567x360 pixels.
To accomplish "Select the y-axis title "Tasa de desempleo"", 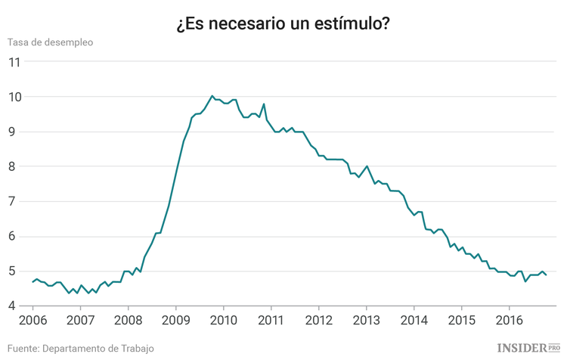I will coord(51,42).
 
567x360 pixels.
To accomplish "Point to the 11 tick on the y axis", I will coord(14,62).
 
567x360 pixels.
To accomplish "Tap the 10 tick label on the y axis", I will coord(14,97).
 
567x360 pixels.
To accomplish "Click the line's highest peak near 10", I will coord(212,96).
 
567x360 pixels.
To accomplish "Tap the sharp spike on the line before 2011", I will coord(264,104).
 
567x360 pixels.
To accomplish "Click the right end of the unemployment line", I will coord(546,275).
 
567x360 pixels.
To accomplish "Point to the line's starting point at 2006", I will coord(33,281).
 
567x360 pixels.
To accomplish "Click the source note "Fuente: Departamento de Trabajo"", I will coord(82,348).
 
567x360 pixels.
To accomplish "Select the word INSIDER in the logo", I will coord(522,347).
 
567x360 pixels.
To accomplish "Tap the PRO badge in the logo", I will coord(553,347).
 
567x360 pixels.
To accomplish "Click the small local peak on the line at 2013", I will coord(367,166).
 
